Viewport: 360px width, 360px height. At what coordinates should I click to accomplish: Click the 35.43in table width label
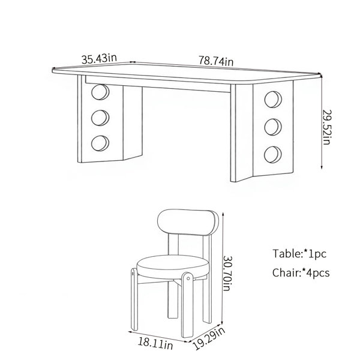point(99,59)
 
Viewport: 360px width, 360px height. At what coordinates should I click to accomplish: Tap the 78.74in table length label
point(216,61)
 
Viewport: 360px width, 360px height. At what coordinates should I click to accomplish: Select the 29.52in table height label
point(327,127)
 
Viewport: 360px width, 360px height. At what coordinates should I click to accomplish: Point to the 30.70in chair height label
point(228,274)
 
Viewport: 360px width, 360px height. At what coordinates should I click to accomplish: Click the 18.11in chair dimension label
point(155,343)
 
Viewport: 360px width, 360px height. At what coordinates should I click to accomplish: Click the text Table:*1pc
point(299,254)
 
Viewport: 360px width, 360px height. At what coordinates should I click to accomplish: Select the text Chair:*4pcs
point(301,273)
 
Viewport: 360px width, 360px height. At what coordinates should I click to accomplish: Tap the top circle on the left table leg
point(100,92)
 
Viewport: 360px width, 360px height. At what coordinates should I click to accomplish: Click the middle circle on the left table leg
point(100,118)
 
